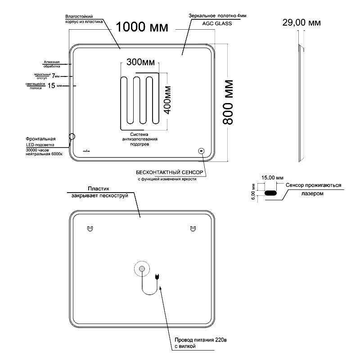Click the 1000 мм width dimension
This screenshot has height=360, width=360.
point(142,27)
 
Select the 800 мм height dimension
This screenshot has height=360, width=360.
point(228,103)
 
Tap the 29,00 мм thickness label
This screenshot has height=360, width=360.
point(301,22)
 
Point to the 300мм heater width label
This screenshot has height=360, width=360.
point(141,62)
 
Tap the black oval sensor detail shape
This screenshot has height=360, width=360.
point(271,193)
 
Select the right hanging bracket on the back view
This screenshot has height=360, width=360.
point(193,229)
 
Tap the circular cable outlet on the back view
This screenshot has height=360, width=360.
point(142,269)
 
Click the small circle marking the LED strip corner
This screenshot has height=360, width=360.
point(72,136)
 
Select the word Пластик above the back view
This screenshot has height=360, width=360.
point(99,190)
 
